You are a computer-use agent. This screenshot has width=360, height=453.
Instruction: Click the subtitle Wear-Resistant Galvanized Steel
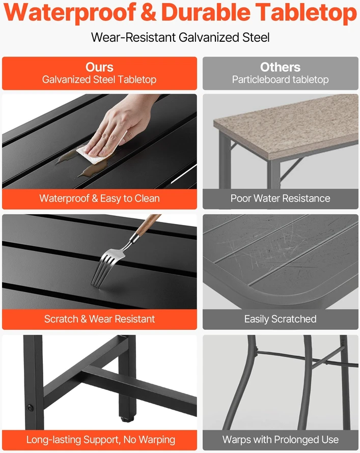(180, 38)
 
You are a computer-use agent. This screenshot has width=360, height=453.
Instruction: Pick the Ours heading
(99, 67)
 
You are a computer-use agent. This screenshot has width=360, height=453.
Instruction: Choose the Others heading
(280, 67)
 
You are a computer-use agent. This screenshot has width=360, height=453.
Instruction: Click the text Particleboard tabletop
(280, 79)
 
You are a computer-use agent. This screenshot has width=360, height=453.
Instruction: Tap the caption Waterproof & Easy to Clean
(99, 199)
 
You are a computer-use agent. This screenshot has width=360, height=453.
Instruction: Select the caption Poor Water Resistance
(280, 199)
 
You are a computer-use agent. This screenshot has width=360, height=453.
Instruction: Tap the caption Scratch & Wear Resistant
(99, 319)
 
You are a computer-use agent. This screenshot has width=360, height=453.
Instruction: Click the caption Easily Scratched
(280, 319)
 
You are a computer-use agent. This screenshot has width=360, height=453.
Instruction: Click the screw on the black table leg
(30, 408)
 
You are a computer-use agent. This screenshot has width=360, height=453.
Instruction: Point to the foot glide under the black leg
(127, 418)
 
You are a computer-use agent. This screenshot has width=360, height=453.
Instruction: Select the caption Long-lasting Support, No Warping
(100, 440)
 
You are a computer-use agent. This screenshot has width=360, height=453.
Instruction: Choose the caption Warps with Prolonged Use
(280, 440)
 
